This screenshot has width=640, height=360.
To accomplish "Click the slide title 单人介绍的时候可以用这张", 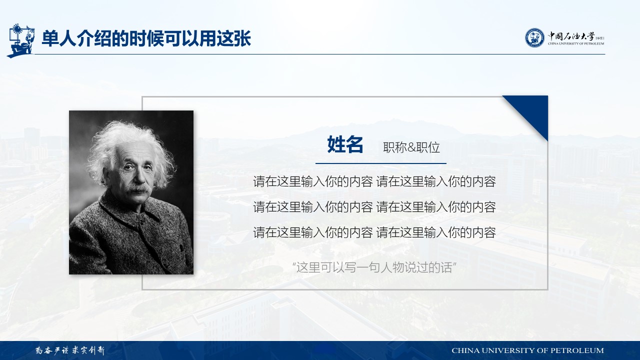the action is click(x=146, y=38).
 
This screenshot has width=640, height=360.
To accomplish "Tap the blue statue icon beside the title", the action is click(x=20, y=40).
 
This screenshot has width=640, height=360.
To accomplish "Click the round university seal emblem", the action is click(x=534, y=37).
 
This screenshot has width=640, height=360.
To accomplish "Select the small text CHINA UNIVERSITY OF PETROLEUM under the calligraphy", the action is click(x=575, y=43).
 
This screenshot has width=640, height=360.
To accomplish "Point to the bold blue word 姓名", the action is click(x=345, y=144).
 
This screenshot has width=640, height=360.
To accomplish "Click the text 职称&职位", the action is click(x=411, y=147).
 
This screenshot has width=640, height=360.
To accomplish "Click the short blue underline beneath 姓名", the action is click(x=381, y=163).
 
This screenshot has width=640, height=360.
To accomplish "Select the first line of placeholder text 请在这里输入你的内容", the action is click(x=374, y=181).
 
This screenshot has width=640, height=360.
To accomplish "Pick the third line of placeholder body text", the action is click(x=374, y=232).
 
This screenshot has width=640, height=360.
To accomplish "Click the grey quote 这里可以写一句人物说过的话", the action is click(x=374, y=267).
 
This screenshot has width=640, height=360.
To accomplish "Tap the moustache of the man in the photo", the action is click(x=139, y=189).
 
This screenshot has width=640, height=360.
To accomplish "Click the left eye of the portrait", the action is click(x=128, y=167).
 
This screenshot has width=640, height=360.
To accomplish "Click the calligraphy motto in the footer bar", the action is click(x=70, y=350).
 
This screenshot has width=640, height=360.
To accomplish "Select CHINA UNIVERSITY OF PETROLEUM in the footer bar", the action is click(x=527, y=350).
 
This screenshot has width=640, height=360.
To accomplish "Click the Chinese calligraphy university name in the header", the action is click(x=571, y=36).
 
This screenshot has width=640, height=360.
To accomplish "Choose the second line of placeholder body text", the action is click(x=374, y=207).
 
